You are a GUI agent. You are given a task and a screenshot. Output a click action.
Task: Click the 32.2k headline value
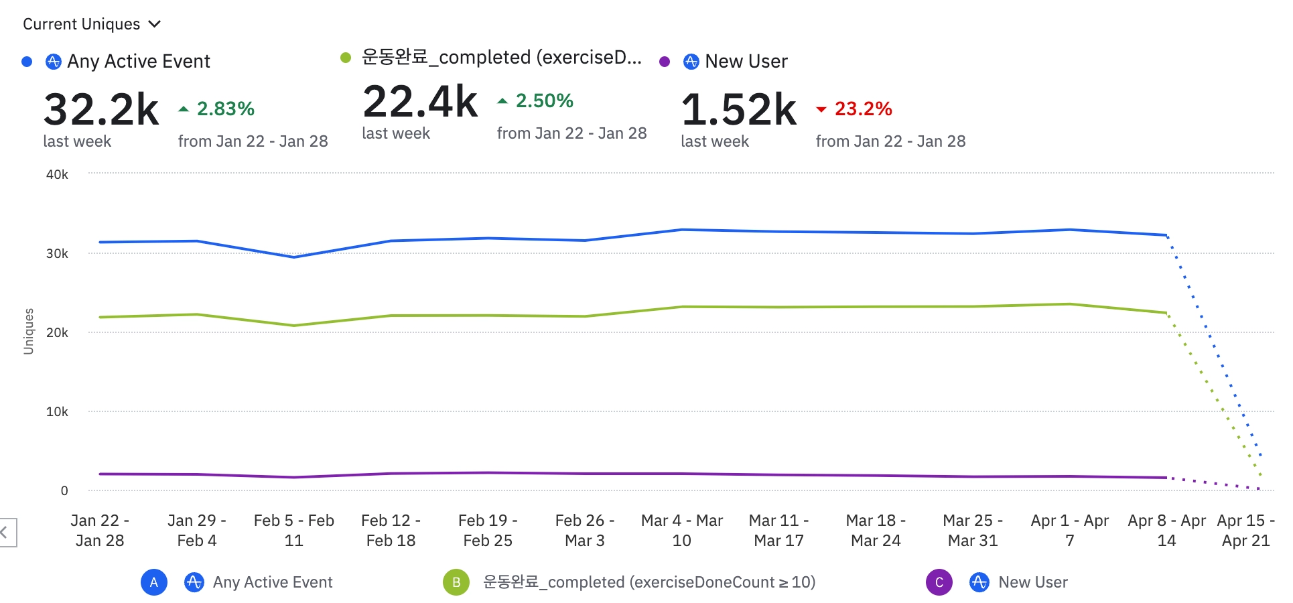[101, 110]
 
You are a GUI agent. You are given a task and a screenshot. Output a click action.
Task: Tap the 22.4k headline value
[420, 102]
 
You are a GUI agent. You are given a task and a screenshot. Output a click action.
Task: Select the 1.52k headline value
[739, 110]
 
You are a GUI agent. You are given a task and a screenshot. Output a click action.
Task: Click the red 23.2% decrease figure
[863, 109]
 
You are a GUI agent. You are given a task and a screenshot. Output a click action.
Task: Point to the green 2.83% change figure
[225, 109]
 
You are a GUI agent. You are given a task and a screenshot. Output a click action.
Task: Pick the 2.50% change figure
[544, 101]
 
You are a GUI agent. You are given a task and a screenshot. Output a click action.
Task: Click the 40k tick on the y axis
[57, 175]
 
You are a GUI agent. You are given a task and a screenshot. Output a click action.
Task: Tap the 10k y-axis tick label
[57, 412]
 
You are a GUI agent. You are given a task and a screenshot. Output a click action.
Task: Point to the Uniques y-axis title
[28, 331]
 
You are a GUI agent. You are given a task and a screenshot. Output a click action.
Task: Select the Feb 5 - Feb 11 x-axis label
[293, 530]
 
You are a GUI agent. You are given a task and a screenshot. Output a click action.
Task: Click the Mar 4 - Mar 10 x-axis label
[681, 530]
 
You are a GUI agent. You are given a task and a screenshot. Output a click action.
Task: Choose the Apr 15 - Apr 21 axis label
[1245, 530]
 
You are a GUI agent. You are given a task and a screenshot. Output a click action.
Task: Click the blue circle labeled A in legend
[154, 582]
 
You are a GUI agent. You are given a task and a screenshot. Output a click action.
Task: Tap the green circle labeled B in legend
[456, 582]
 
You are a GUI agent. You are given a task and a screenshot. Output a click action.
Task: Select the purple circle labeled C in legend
[939, 582]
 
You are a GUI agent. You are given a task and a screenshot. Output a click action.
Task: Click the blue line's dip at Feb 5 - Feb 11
[293, 257]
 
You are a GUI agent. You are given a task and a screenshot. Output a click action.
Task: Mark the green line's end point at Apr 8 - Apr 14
[1166, 313]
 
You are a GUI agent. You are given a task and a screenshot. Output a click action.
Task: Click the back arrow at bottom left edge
[5, 533]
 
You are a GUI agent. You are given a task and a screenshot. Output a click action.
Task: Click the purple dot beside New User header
[665, 62]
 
